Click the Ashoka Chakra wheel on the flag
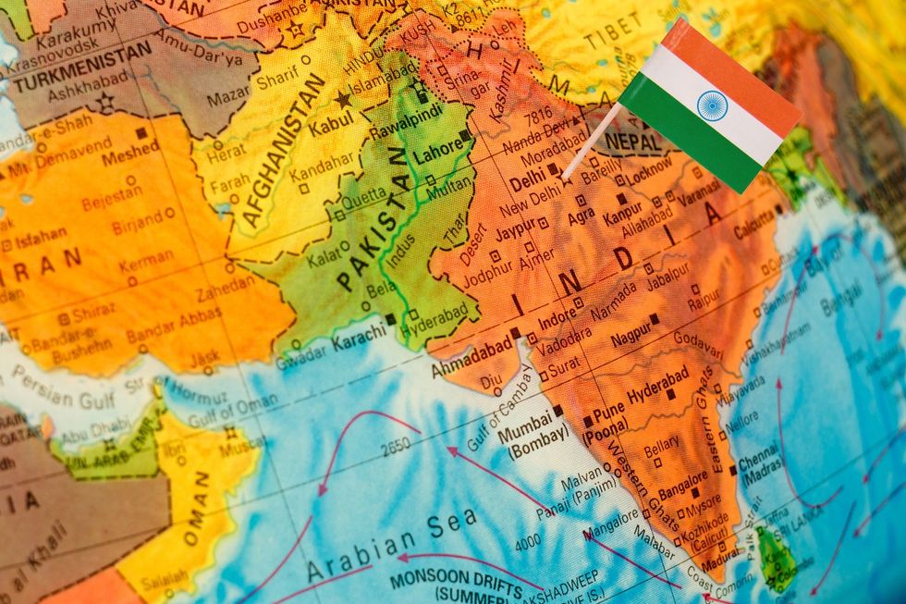point(712,105)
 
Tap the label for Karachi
point(358,339)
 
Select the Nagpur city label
point(630,335)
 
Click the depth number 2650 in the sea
point(395,446)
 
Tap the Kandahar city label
point(319,171)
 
